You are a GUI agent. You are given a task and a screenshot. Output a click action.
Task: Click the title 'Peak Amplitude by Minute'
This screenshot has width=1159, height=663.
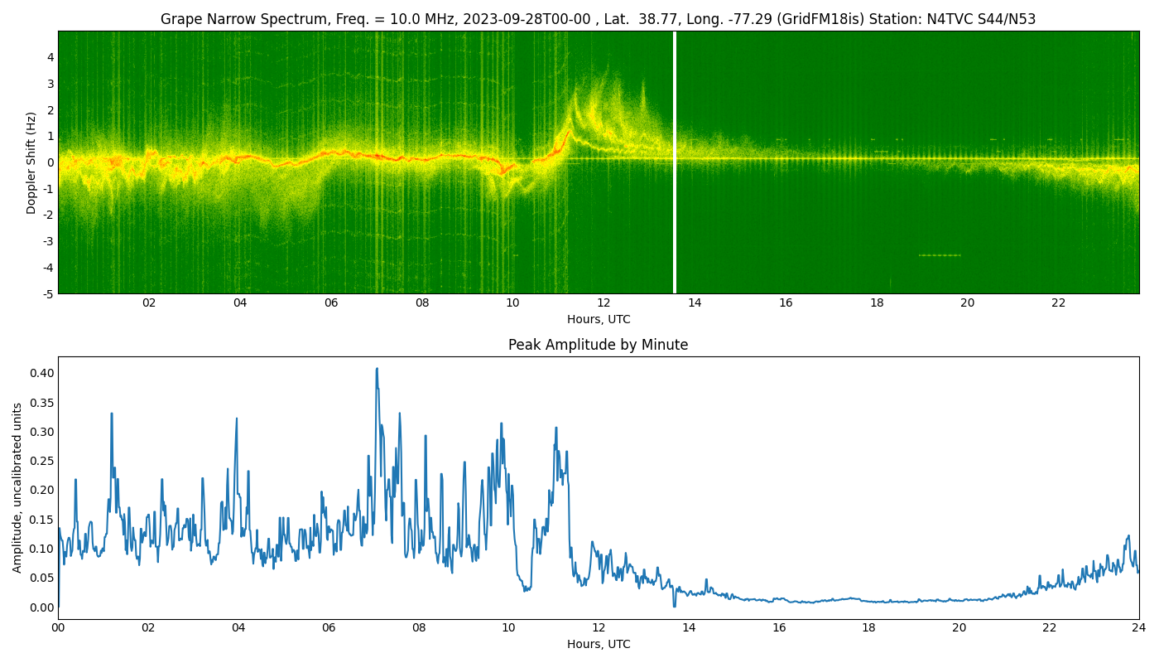pos(598,345)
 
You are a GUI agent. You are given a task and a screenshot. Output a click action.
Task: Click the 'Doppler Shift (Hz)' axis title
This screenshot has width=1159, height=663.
pos(31,162)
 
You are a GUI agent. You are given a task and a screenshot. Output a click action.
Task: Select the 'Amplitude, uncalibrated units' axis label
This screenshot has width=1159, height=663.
pos(17,487)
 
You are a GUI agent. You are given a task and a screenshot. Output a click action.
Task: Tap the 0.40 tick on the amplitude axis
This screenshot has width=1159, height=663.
pos(41,373)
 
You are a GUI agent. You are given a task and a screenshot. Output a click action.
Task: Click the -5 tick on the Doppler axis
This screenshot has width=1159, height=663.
pos(49,293)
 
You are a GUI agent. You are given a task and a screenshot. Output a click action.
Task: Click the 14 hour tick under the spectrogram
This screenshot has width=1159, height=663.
pos(695,303)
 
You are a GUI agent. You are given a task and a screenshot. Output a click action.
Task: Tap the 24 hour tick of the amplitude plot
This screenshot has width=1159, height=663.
pos(1139,628)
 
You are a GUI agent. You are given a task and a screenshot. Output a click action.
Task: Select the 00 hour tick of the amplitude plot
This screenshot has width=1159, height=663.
pos(58,628)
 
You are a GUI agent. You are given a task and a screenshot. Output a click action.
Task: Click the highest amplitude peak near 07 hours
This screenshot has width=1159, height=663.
pos(377,369)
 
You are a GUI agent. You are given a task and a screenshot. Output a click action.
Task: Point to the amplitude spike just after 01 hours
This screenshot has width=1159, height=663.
pos(112,414)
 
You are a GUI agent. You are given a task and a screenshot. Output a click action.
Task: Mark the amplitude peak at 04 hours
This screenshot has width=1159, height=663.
pos(236,419)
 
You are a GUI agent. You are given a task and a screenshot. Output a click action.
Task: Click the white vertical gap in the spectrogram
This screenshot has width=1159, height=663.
pos(675,162)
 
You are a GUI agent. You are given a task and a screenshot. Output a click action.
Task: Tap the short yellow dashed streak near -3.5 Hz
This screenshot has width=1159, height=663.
pos(940,255)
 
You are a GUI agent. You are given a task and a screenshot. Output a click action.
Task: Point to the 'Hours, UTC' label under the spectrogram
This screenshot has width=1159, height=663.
pos(598,320)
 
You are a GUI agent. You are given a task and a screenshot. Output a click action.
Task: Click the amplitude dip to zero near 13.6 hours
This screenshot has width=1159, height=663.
pos(674,606)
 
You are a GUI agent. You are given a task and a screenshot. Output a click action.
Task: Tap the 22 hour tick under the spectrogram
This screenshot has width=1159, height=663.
pos(1059,303)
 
